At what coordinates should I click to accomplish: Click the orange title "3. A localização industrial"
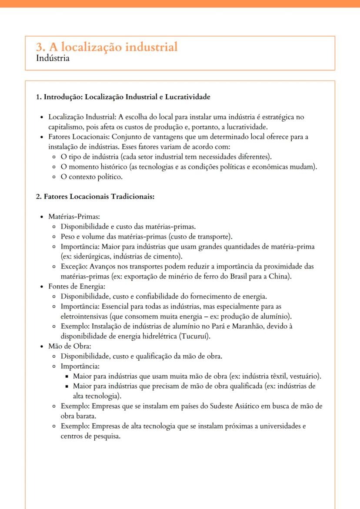[x=107, y=47]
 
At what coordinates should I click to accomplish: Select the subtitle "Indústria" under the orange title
[x=53, y=58]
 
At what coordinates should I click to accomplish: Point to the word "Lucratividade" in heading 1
[x=187, y=97]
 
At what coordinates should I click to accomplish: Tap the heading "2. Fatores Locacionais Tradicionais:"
[x=95, y=196]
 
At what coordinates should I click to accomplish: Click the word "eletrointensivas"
[x=86, y=316]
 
